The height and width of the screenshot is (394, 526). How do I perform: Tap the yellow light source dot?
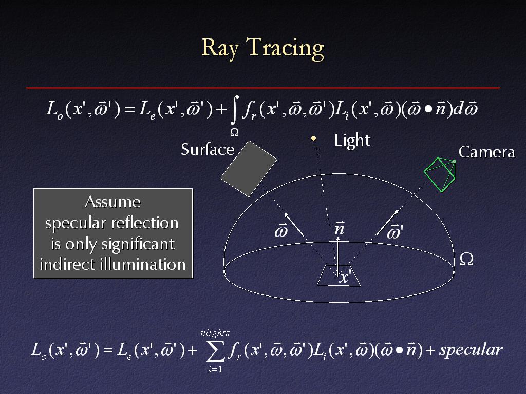(x=314, y=138)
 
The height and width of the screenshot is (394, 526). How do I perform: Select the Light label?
(x=352, y=141)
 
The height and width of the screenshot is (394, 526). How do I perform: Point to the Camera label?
(x=487, y=152)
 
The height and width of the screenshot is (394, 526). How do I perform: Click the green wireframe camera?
(x=440, y=174)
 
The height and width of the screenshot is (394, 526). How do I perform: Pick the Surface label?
(x=208, y=149)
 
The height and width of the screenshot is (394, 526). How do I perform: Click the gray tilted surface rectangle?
(x=249, y=168)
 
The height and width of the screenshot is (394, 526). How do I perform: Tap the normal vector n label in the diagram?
(x=339, y=228)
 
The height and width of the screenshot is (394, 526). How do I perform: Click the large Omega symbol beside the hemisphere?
(x=466, y=259)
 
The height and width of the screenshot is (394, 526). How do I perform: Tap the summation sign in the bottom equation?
(x=215, y=352)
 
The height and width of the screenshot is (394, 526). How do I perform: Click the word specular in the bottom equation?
(x=471, y=350)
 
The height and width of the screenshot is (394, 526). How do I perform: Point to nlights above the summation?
(x=215, y=333)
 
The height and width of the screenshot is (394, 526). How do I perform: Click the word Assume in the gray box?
(x=112, y=202)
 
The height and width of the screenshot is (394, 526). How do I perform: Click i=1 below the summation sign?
(x=215, y=369)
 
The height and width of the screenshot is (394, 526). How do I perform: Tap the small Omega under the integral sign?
(x=234, y=133)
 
